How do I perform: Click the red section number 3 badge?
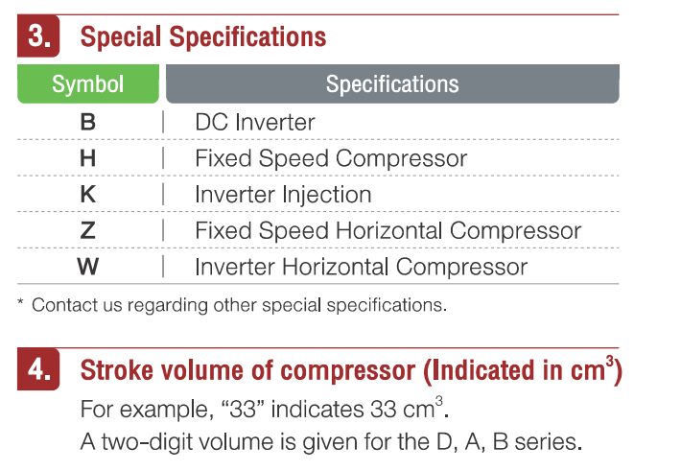pos(38,36)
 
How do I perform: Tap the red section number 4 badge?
pos(38,369)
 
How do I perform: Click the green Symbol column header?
pos(88,83)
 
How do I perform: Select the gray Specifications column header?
pos(392,83)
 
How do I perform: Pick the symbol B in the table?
pos(88,122)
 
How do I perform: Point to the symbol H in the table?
pos(88,158)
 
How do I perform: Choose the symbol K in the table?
pos(88,194)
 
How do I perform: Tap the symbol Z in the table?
pos(88,230)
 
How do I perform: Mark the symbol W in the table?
pos(88,267)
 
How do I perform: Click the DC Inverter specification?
pos(255,122)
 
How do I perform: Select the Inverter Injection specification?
pos(283,194)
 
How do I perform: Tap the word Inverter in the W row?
pos(235,267)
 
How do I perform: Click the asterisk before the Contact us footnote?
pos(20,301)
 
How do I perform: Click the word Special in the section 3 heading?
pos(121,37)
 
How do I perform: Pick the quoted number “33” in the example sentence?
pos(244,410)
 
